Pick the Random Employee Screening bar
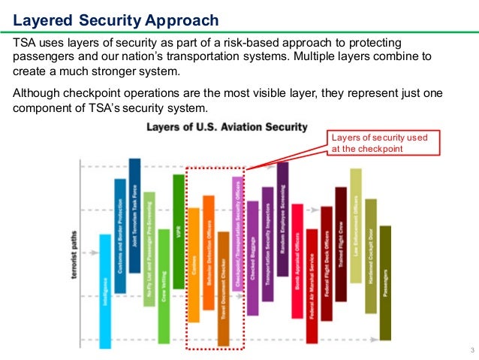coord(282,218)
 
